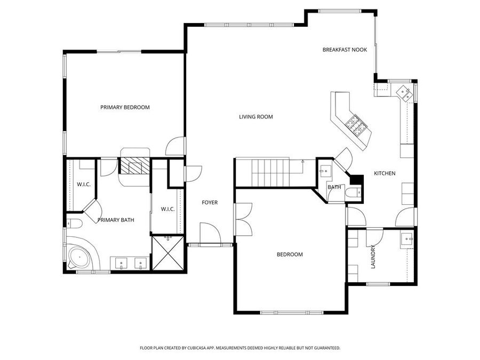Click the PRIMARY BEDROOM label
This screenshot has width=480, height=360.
click(x=125, y=107)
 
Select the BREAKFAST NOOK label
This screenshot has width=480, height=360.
click(x=345, y=50)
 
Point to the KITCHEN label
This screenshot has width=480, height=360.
click(x=384, y=173)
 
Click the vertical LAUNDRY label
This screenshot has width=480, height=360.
click(x=373, y=256)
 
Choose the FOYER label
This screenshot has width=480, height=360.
click(x=209, y=203)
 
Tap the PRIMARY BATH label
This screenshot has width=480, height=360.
click(x=116, y=220)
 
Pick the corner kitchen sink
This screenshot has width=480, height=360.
click(x=404, y=92)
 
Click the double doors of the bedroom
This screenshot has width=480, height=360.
click(x=243, y=219)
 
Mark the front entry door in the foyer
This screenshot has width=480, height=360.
click(x=210, y=234)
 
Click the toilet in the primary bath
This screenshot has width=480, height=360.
click(x=74, y=223)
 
